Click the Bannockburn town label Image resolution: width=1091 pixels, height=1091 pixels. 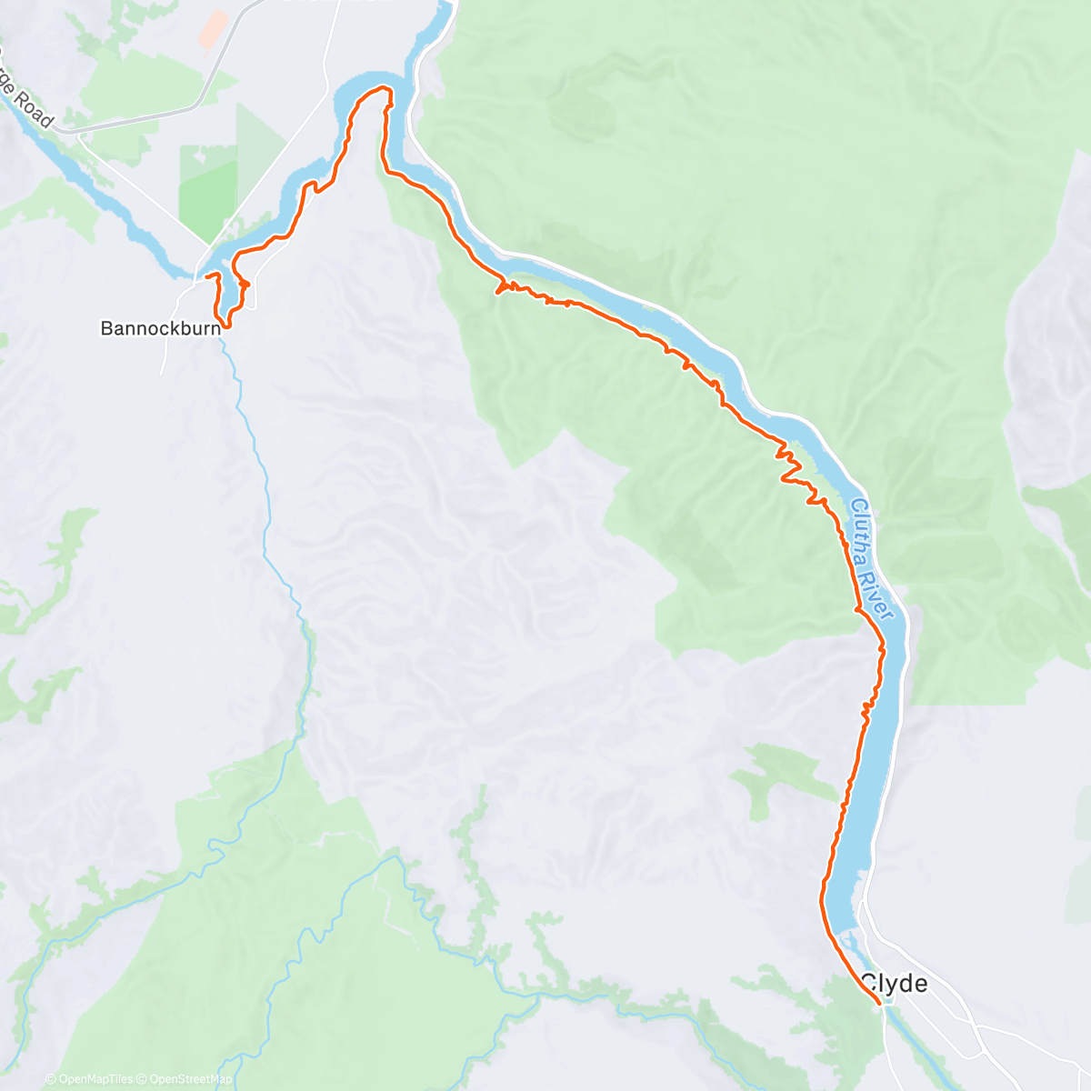[160, 328]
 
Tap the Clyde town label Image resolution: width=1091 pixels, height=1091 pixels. [894, 983]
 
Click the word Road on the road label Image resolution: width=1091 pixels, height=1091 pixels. [35, 105]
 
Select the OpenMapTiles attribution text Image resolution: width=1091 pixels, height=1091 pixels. [95, 1079]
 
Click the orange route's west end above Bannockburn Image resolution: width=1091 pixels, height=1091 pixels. [206, 275]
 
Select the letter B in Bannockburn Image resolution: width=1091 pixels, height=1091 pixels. [105, 328]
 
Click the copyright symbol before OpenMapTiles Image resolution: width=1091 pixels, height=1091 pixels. [50, 1079]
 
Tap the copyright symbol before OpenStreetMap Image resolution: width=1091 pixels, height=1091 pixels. [141, 1079]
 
